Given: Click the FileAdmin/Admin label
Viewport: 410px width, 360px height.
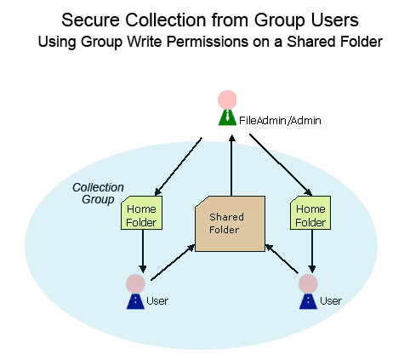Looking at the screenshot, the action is [x=280, y=121].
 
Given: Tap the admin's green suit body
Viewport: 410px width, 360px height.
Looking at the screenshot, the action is [x=227, y=117].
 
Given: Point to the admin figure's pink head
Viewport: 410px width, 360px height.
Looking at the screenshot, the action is [x=227, y=100].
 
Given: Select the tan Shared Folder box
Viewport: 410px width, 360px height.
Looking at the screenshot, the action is [x=230, y=224].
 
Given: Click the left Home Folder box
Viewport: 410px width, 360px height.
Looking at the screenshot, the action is [x=141, y=213].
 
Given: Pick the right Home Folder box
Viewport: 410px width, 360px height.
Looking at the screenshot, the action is [x=310, y=213].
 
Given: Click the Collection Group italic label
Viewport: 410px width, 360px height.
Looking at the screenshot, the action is [x=98, y=193].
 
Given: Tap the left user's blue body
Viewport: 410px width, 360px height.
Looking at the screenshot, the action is [x=135, y=301].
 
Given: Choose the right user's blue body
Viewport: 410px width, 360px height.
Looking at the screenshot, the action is [x=308, y=301].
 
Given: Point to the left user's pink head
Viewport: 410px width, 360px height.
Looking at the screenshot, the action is [x=135, y=283].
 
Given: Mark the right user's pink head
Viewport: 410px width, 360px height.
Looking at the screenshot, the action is [x=308, y=283].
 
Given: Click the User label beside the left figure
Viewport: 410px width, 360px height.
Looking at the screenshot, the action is [x=157, y=300].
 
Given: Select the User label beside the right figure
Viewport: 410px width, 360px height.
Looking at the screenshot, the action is [x=331, y=300].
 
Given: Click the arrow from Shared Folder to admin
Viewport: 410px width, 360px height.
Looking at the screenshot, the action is [x=231, y=165].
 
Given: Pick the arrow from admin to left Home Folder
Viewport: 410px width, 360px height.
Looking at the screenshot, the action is [x=178, y=167].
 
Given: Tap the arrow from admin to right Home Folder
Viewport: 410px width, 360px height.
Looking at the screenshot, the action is [x=281, y=165].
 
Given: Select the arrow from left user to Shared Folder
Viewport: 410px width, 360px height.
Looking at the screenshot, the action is [x=173, y=262].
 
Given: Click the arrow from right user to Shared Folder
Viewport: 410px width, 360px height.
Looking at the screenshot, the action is [x=282, y=259].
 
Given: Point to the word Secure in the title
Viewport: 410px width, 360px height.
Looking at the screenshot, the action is [x=90, y=20].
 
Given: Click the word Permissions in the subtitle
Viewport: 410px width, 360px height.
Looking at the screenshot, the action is [x=208, y=42].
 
